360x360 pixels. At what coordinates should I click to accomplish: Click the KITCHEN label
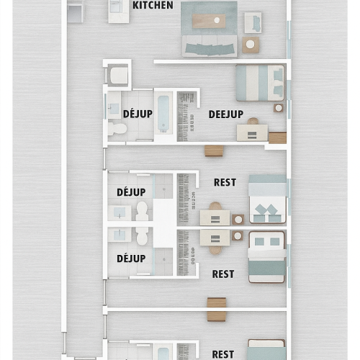pos(153,5)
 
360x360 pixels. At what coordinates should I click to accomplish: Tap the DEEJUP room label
pos(226,114)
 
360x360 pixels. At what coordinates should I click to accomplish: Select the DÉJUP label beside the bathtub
pos(138,114)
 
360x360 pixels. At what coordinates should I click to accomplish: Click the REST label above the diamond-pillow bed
pos(225,182)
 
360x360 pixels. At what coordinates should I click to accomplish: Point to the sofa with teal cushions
pos(210,46)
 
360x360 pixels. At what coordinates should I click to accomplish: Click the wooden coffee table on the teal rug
pos(209,21)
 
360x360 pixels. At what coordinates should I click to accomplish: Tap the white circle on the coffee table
pos(217,20)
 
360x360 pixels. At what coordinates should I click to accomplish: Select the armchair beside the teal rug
pos(253,23)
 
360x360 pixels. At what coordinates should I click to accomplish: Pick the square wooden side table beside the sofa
pos(251,45)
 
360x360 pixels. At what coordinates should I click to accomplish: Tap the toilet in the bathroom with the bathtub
pos(117,128)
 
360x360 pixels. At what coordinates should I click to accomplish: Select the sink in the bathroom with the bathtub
pos(114,109)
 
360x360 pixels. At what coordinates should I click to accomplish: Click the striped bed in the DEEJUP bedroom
pos(260,83)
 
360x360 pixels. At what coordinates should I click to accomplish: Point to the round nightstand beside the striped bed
pos(279,108)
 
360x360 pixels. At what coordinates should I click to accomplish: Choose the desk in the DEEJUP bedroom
pos(252,132)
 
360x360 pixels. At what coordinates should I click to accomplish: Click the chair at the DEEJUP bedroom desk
pos(253,121)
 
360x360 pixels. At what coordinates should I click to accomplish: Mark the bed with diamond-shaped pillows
pos(268,199)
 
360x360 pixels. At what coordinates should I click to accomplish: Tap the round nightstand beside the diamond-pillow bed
pos(238,220)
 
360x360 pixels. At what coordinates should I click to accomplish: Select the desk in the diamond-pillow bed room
pos(215,217)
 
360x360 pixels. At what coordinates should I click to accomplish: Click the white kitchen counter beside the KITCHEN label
pos(119,12)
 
